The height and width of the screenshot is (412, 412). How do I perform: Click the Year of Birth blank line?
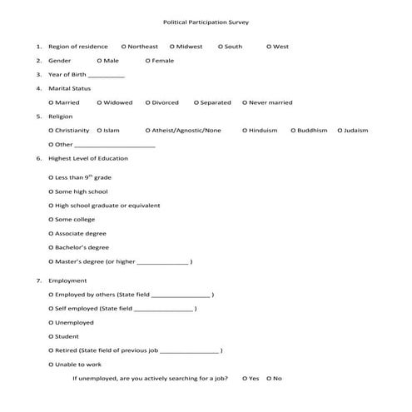[x=106, y=76]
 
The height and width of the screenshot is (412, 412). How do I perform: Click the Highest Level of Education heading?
[x=88, y=158]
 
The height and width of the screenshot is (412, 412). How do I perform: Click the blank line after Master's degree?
[x=162, y=263]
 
